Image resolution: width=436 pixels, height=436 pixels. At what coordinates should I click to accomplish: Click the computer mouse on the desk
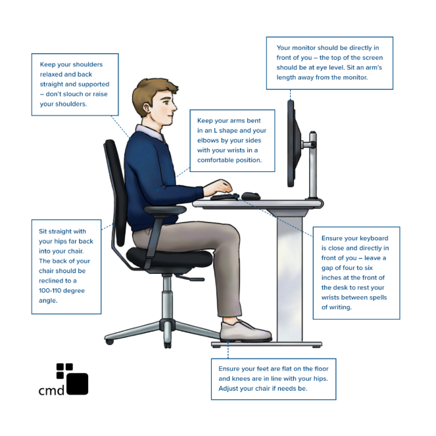point(250,196)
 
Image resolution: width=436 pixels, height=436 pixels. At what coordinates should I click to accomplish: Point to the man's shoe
point(244,331)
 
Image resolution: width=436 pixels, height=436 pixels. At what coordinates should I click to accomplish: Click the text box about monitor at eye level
point(329,62)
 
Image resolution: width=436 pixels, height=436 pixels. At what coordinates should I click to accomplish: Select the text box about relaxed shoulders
point(75,84)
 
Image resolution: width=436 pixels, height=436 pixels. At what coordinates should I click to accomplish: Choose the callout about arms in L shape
point(231,141)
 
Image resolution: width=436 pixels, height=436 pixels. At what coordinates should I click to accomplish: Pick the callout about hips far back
point(66,266)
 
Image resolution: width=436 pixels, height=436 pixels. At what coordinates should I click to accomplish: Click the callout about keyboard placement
point(355,272)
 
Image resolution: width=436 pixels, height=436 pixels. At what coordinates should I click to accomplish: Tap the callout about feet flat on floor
point(273,378)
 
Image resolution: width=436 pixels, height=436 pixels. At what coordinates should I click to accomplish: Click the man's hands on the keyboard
point(220,187)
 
